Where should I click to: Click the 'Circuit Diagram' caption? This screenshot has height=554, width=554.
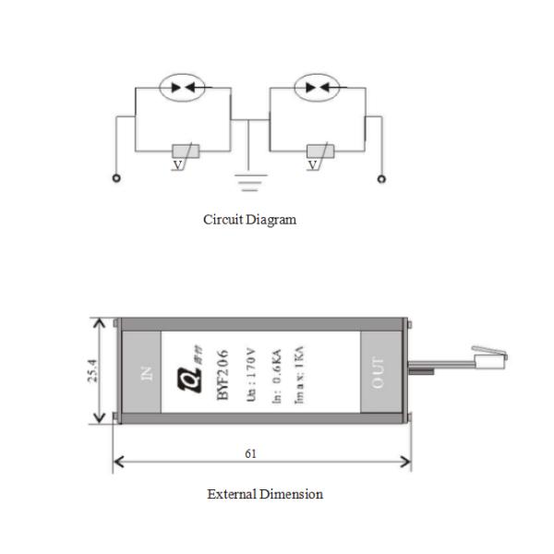(250, 221)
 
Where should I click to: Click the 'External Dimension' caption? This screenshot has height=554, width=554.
(265, 494)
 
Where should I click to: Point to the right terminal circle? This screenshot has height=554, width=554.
(379, 178)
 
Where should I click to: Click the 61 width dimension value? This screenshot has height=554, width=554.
(251, 453)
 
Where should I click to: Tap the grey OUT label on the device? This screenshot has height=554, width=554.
(378, 372)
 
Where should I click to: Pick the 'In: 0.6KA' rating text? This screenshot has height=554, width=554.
(274, 373)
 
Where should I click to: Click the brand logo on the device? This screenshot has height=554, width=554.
(195, 371)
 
